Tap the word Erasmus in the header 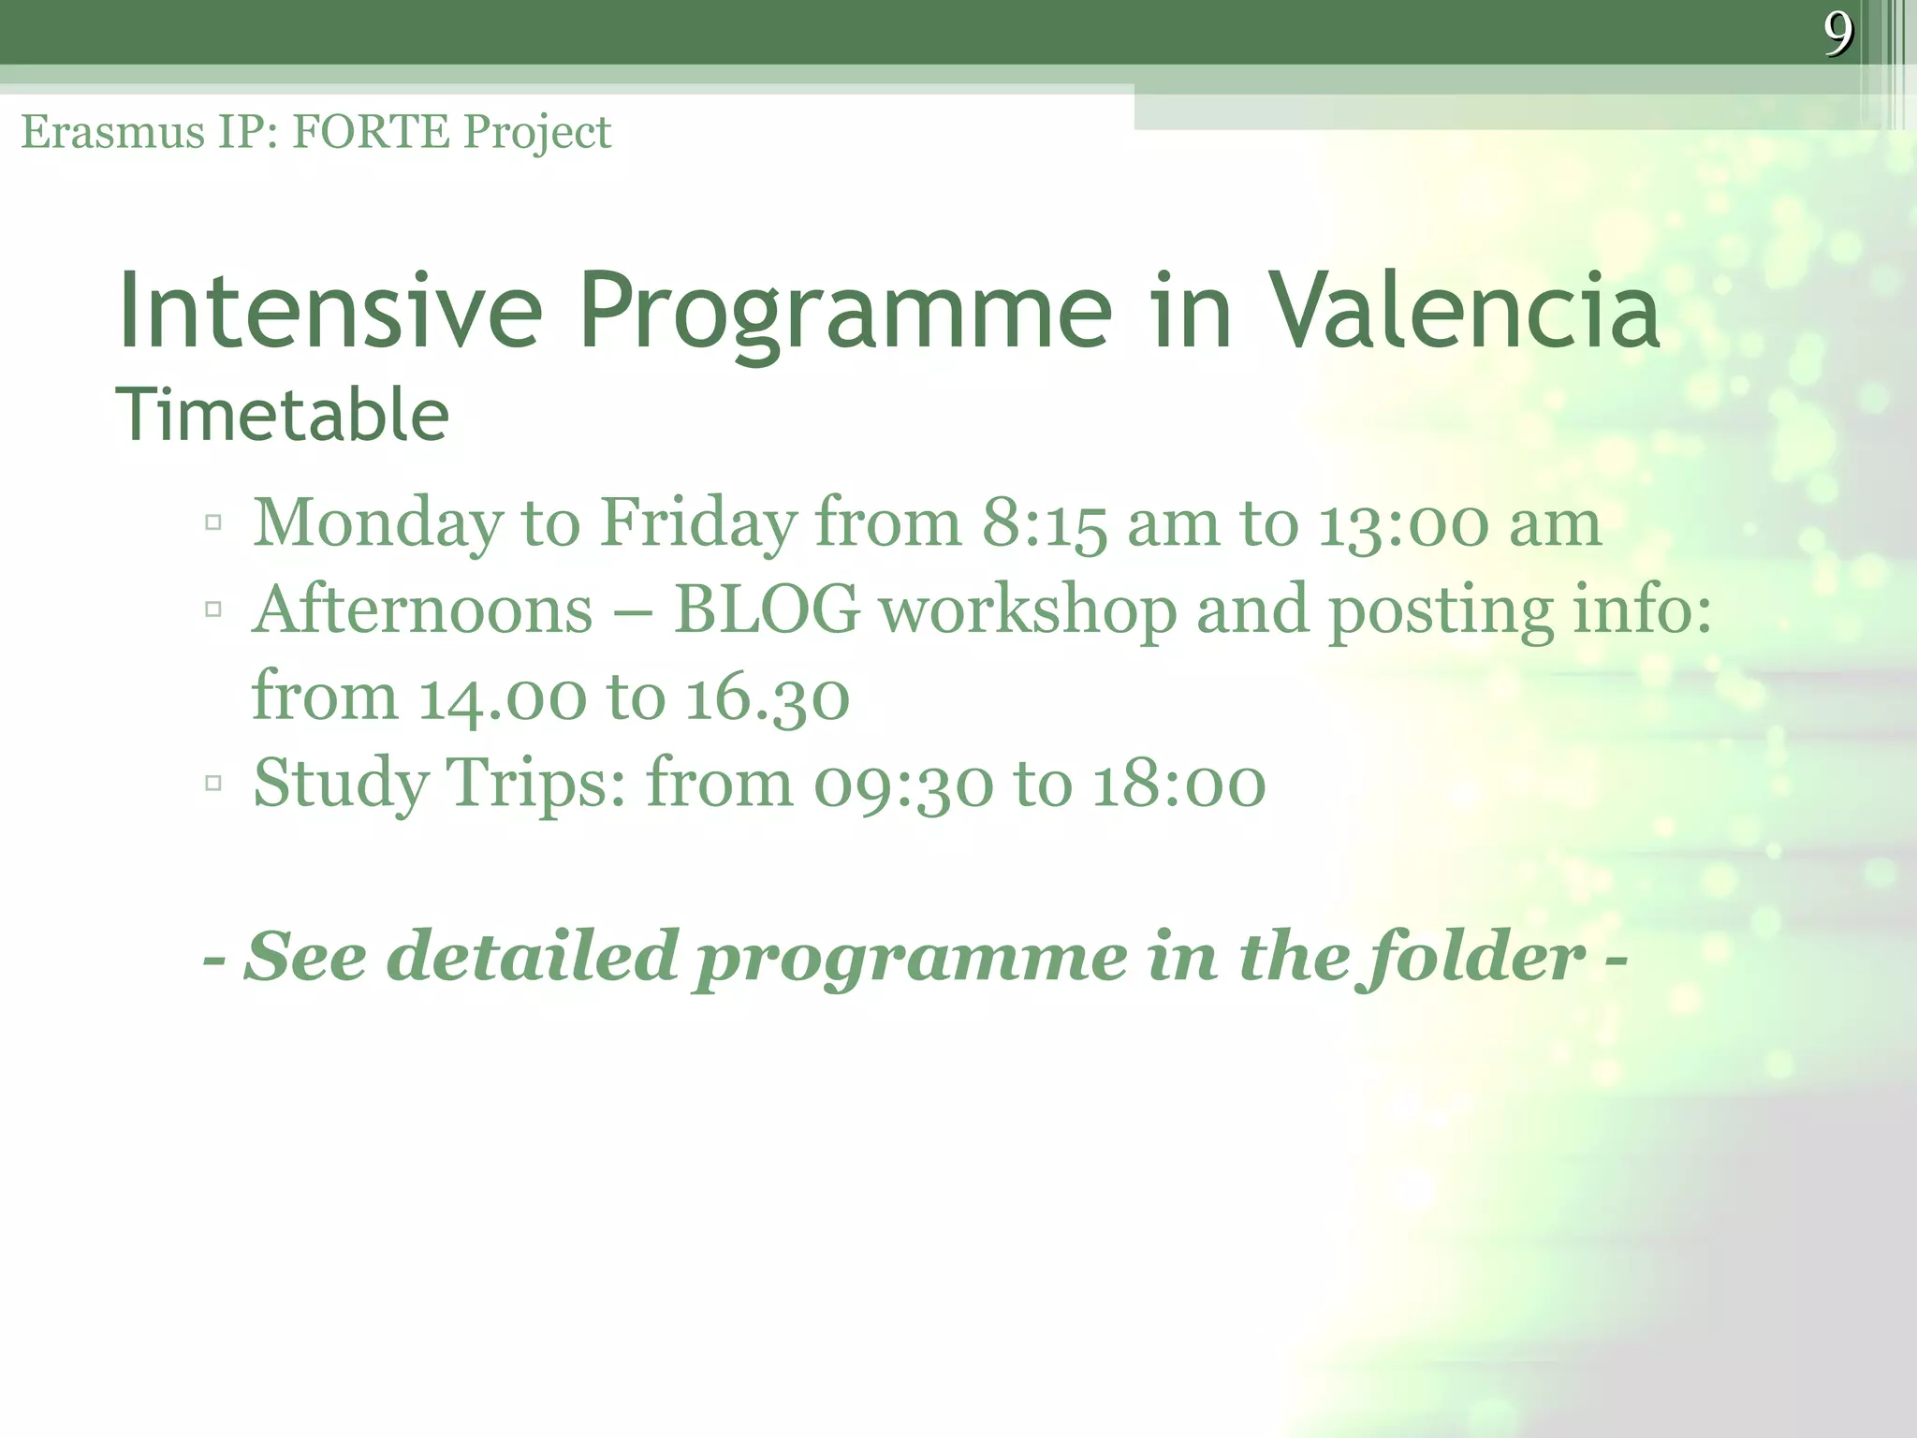pyautogui.click(x=113, y=132)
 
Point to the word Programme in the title pyautogui.click(x=845, y=312)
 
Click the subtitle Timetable pyautogui.click(x=282, y=415)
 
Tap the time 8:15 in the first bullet pyautogui.click(x=1045, y=522)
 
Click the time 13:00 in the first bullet pyautogui.click(x=1403, y=522)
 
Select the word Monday pyautogui.click(x=378, y=522)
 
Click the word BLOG pyautogui.click(x=767, y=609)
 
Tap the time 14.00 pyautogui.click(x=502, y=697)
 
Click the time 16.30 pyautogui.click(x=768, y=697)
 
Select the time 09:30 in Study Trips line pyautogui.click(x=902, y=784)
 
